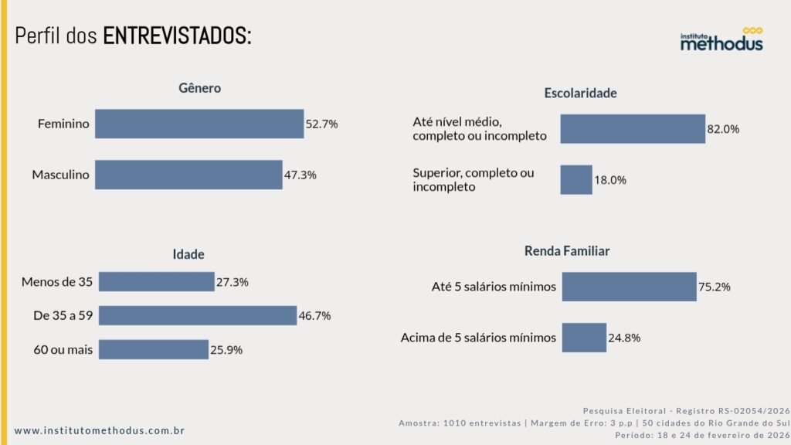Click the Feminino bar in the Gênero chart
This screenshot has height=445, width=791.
pos(199,124)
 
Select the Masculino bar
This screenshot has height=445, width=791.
pos(188,175)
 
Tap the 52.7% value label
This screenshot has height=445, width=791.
pos(322,124)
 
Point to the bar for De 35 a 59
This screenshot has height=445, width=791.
pos(198,315)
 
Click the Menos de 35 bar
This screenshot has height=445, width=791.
pos(156,282)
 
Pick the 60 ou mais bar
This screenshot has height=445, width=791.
pos(154,349)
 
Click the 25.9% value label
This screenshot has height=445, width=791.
pos(226,349)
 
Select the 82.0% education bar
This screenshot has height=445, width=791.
pos(633,129)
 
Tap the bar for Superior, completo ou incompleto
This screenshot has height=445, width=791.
pos(576,179)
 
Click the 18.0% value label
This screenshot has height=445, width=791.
pos(609,180)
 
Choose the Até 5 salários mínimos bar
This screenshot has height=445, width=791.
pos(629,287)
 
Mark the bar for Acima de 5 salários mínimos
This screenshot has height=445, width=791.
pos(584,338)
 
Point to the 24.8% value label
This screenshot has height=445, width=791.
pos(625,338)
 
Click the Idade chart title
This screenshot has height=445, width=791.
pos(188,254)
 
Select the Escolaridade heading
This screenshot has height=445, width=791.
pos(580,93)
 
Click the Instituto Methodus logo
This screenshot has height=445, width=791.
pos(721,40)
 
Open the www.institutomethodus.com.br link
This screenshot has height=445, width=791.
pos(100,430)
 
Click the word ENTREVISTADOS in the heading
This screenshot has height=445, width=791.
pos(177,36)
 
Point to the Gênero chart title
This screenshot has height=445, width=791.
pos(200,88)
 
